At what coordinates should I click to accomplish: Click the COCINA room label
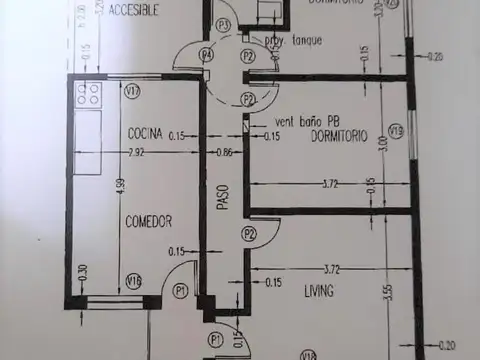tap(146, 133)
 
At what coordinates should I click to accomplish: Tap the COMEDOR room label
tap(149, 221)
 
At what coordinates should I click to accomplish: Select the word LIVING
tap(319, 292)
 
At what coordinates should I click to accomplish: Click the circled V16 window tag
tap(132, 282)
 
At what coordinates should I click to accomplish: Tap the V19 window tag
tap(396, 130)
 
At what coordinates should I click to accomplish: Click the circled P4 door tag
tap(205, 54)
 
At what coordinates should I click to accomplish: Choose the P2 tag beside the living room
tap(249, 233)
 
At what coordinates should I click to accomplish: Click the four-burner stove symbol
tap(87, 95)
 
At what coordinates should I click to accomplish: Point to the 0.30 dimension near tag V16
tap(83, 271)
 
